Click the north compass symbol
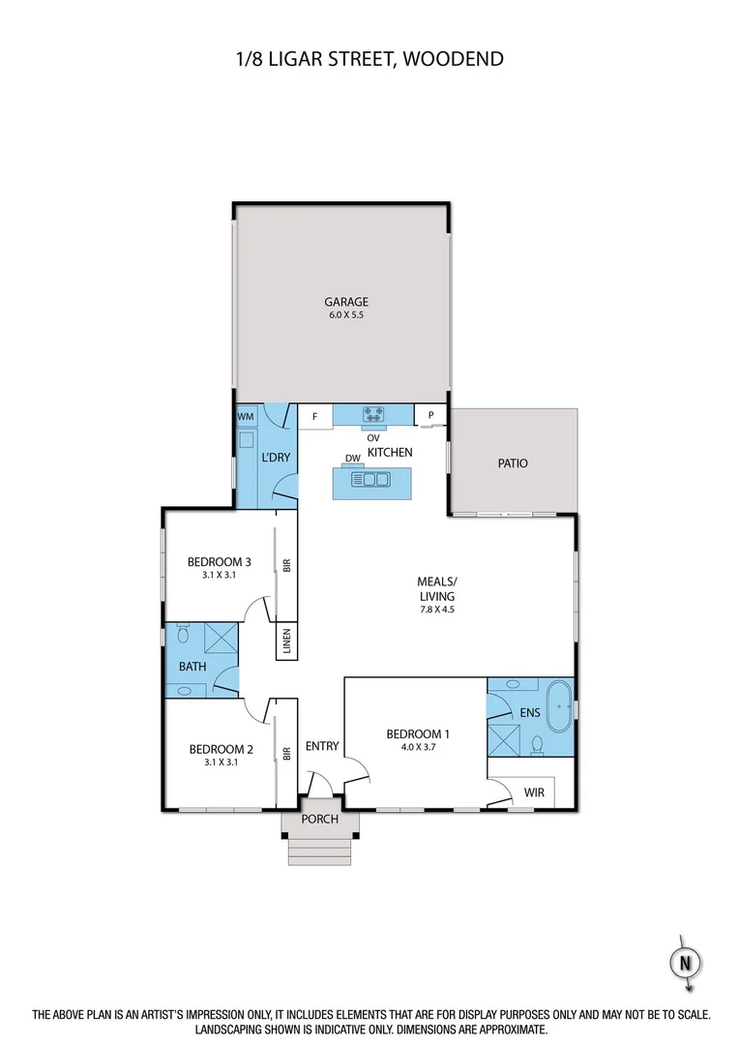(685, 964)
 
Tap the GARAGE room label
(345, 301)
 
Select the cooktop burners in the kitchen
(373, 415)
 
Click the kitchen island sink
(372, 478)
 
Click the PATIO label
(513, 463)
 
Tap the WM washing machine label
(246, 416)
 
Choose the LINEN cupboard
(286, 643)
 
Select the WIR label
(534, 792)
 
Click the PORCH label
(320, 819)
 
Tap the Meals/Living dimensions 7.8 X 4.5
(435, 610)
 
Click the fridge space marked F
(314, 418)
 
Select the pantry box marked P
(429, 415)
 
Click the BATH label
(192, 667)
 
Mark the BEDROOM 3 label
(220, 562)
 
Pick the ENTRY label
(322, 745)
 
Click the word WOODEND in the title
(452, 60)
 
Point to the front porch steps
(320, 849)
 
